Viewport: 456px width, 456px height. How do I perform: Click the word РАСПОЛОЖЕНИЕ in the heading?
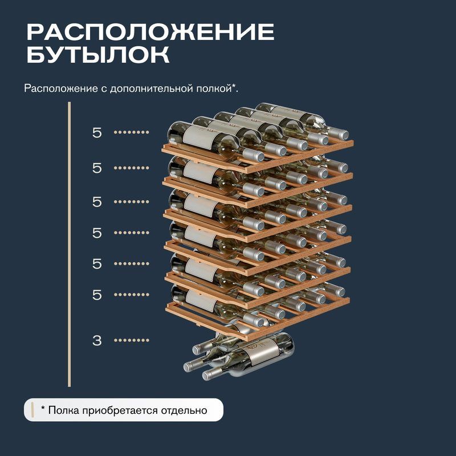[150, 32]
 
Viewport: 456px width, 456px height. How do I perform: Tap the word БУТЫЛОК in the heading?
[98, 54]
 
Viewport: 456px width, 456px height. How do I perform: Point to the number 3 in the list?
[97, 340]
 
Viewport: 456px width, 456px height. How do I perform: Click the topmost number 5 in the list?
[97, 133]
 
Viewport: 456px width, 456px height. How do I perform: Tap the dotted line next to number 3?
[132, 340]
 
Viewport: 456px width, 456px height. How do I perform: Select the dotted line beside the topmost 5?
[132, 132]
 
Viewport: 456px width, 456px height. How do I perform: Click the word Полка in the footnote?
[64, 410]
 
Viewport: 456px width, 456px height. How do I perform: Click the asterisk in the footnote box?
[43, 409]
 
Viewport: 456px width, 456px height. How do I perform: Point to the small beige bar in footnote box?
[32, 410]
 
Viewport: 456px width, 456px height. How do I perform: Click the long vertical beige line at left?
[69, 245]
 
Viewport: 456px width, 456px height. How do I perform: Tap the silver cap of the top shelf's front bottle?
[254, 155]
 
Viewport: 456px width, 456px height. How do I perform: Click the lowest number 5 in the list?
[97, 295]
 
